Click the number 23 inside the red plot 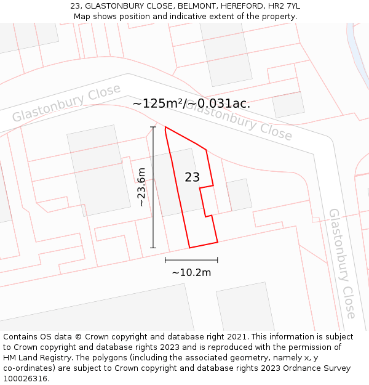192,177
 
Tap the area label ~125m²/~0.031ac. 191,103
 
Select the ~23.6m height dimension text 141,187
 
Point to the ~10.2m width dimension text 191,272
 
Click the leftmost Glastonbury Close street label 66,103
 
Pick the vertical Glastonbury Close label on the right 342,263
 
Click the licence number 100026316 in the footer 26,379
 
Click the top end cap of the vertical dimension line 153,127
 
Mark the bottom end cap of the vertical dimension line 153,248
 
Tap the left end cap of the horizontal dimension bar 165,260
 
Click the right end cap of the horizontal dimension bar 217,260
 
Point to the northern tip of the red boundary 165,128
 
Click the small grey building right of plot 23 239,195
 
